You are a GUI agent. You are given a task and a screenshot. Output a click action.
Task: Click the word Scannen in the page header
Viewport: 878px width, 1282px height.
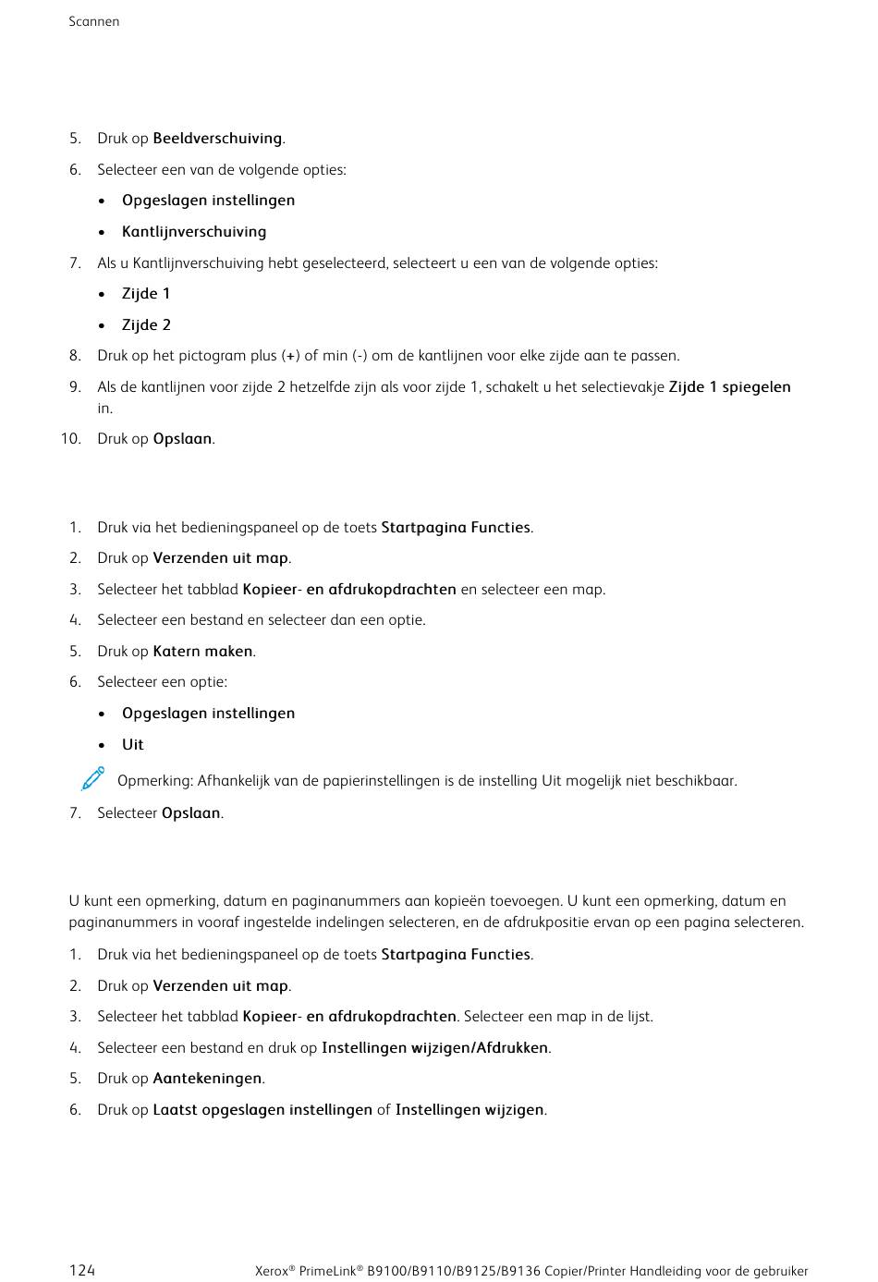point(93,21)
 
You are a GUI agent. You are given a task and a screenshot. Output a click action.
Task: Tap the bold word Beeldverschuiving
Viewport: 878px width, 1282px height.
point(217,139)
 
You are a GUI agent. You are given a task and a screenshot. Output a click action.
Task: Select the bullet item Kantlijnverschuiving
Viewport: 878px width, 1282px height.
point(194,232)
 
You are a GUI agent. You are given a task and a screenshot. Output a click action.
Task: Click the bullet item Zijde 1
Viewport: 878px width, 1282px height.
point(146,294)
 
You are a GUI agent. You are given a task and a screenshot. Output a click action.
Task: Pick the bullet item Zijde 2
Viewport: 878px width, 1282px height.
point(146,325)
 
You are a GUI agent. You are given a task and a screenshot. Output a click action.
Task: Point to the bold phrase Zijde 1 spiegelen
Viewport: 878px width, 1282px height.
point(729,387)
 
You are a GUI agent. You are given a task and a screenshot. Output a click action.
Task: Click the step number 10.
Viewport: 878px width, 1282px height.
point(71,439)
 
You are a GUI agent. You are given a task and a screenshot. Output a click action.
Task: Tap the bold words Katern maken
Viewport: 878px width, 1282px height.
point(202,652)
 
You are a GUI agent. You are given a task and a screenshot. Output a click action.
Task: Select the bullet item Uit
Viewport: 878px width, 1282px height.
point(133,745)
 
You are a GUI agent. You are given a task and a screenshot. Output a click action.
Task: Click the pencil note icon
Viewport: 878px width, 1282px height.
point(92,779)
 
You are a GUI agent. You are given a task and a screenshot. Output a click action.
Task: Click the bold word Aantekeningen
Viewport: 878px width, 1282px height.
point(207,1079)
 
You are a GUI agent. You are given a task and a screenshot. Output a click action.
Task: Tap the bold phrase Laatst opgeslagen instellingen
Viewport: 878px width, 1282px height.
point(262,1110)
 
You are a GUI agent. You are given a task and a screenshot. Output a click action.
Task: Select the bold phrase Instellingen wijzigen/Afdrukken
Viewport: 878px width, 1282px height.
point(435,1048)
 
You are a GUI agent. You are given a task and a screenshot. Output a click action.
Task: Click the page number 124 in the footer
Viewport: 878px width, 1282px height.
point(82,1271)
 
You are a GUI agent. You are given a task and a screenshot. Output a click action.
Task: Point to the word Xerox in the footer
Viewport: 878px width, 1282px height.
point(272,1272)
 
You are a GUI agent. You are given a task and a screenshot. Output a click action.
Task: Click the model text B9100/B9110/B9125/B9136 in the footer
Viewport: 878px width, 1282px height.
point(454,1272)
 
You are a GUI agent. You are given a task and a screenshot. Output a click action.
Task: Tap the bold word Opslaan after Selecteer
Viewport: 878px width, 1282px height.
point(191,813)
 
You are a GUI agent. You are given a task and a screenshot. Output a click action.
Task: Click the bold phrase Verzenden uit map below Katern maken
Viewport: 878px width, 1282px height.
point(220,986)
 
